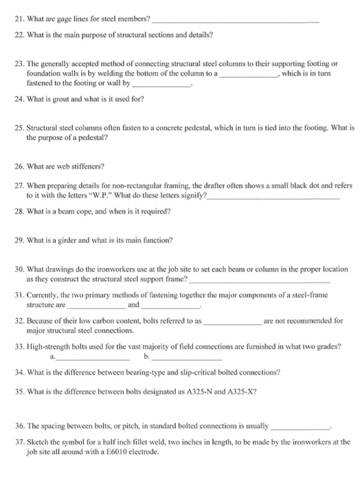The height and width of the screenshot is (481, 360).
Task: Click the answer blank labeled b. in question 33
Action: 187,359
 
